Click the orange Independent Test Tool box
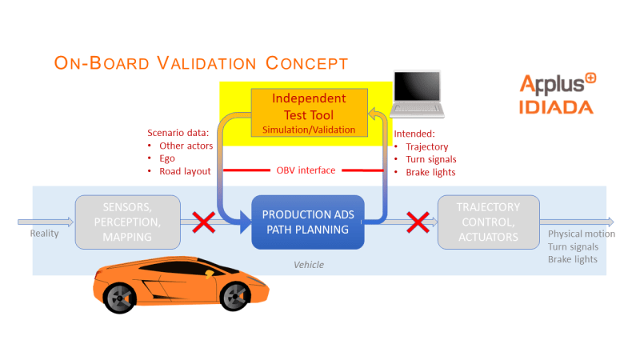(309, 113)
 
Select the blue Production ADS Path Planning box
(308, 222)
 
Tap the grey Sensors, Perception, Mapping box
(128, 222)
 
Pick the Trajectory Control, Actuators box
(489, 222)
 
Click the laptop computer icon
(417, 94)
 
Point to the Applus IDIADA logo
(557, 94)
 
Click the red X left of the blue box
(204, 222)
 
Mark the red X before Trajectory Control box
(418, 222)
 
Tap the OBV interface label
(306, 170)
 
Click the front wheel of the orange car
(235, 296)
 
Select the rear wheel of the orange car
(119, 298)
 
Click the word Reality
(45, 234)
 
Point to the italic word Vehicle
(309, 265)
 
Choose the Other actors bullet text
(186, 146)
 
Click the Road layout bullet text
(185, 171)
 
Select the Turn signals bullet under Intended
(431, 159)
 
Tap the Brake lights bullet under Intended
(430, 172)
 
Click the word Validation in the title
(207, 63)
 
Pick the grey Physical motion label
(582, 234)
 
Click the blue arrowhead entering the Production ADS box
(246, 222)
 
